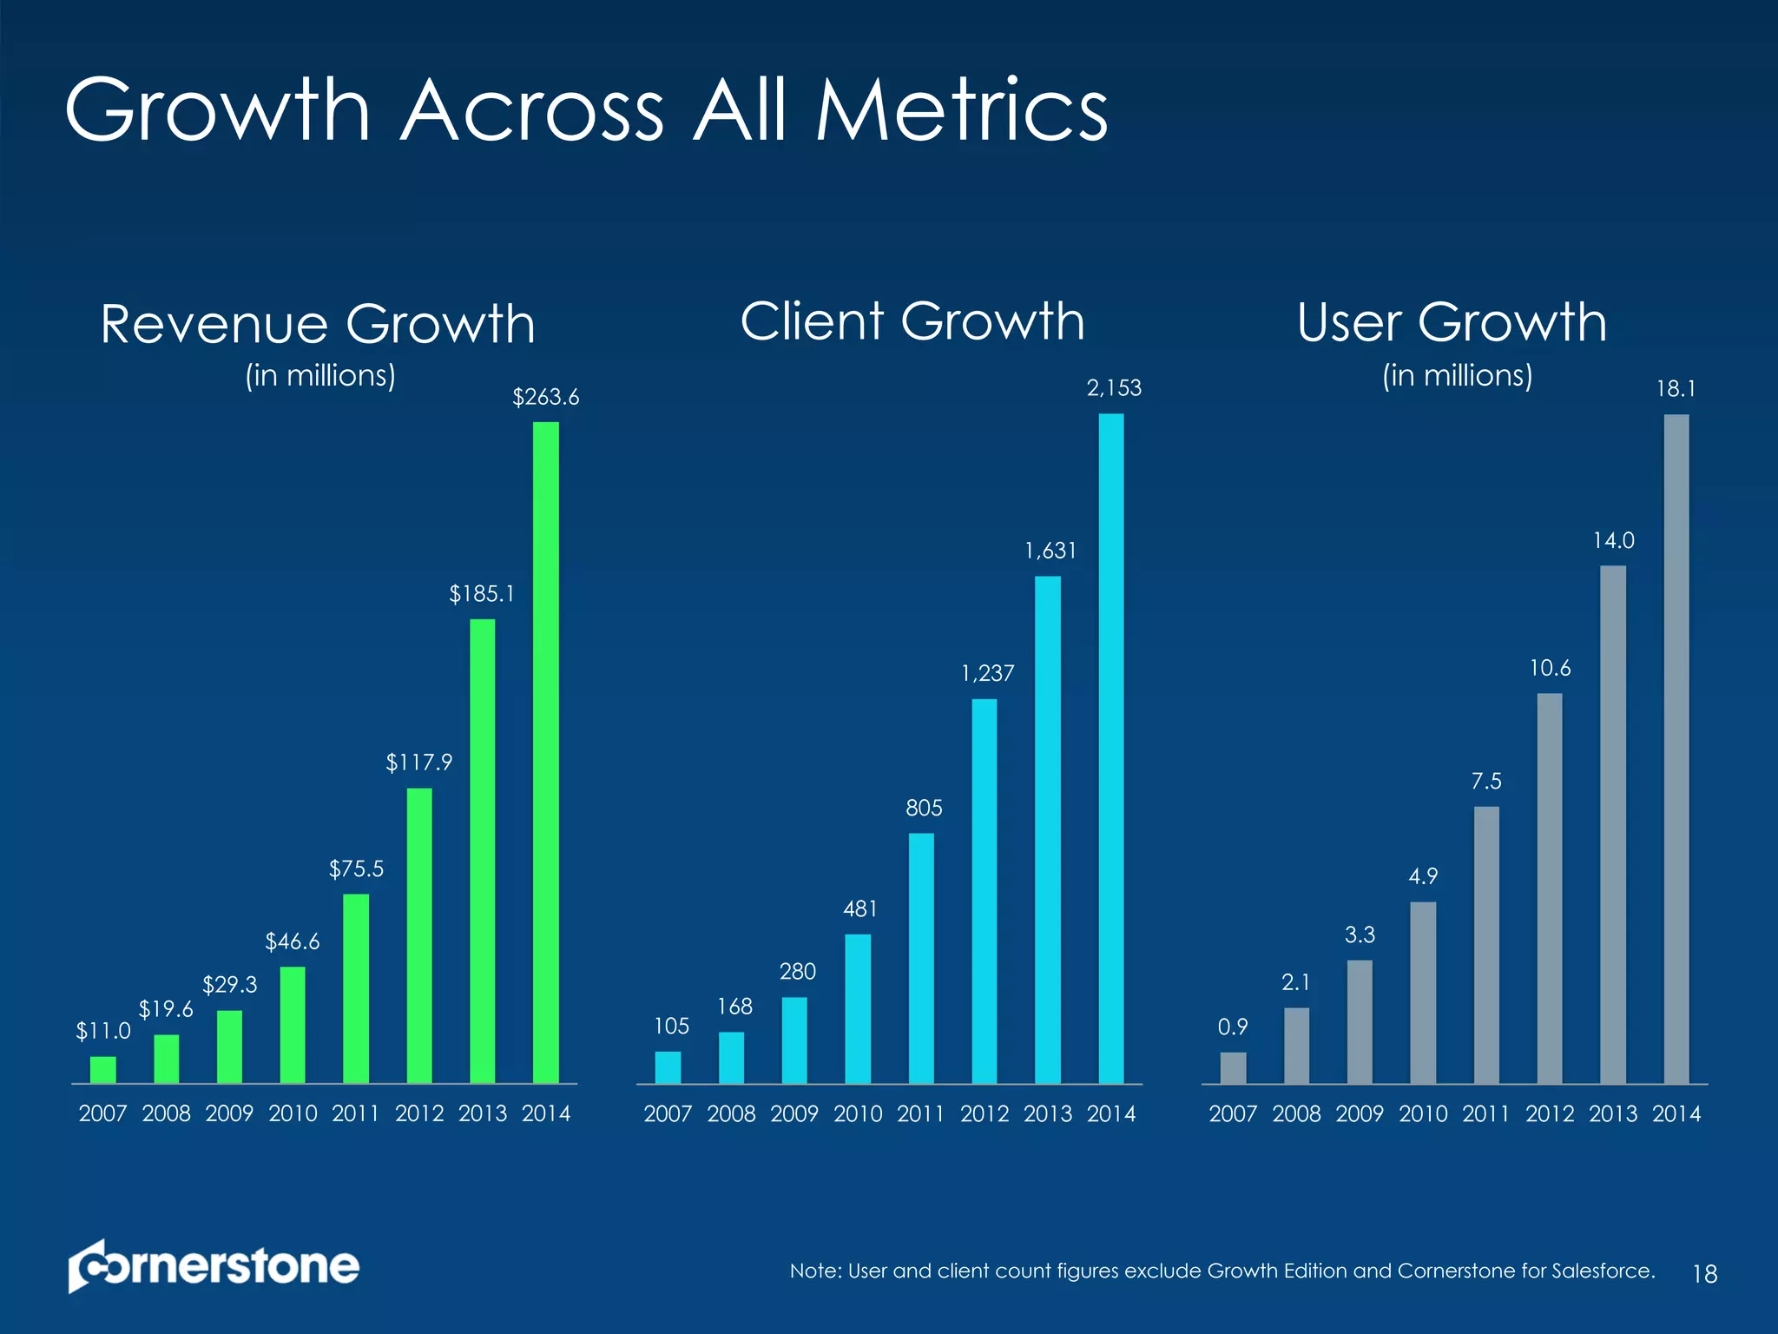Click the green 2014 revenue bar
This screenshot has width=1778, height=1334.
(x=545, y=752)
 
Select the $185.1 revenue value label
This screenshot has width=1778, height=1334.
(x=482, y=594)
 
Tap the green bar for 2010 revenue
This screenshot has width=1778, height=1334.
(x=293, y=1025)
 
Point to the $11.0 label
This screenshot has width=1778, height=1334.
(x=102, y=1031)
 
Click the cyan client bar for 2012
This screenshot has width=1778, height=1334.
(x=984, y=891)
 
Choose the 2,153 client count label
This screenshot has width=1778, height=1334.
(x=1114, y=388)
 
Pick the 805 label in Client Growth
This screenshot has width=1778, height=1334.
(x=924, y=809)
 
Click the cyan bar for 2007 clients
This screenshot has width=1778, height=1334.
(x=668, y=1067)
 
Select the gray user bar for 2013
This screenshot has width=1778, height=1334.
(x=1612, y=824)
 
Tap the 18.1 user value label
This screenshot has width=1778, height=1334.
(x=1676, y=389)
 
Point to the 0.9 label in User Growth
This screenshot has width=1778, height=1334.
(x=1232, y=1027)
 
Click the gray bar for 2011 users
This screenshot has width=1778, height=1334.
(x=1485, y=945)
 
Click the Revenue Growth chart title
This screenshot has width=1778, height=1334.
(x=318, y=325)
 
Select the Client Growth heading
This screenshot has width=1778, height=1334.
(x=912, y=321)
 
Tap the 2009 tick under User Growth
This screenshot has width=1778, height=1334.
(x=1360, y=1113)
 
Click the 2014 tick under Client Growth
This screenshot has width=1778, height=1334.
(x=1111, y=1113)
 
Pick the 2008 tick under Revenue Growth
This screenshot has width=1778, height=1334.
(x=166, y=1113)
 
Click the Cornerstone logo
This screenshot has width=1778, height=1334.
(x=214, y=1266)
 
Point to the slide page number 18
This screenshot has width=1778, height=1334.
(x=1704, y=1274)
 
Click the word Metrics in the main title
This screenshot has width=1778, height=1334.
(x=961, y=110)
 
